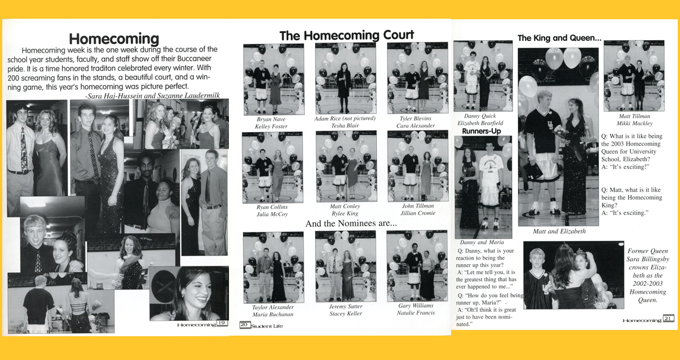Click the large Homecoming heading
pos(114,39)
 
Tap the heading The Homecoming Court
pos(346,35)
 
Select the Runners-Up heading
pos(481,131)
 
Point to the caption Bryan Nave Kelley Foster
pos(271,122)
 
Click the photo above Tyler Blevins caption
pos(417,78)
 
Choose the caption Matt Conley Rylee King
pos(345,210)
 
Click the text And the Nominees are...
pos(351,224)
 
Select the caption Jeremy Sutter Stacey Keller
pos(345,310)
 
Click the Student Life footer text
pos(266,325)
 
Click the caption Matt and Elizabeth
pos(559,231)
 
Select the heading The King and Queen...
pos(559,39)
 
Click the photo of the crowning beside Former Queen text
pos(573,275)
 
